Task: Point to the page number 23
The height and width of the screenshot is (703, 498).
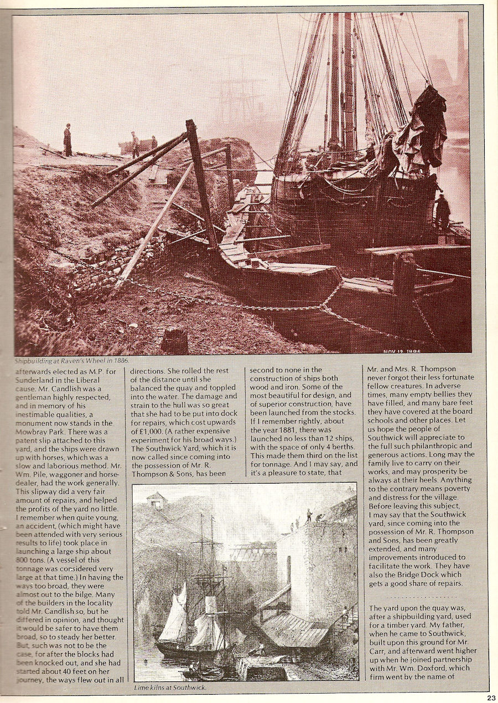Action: (x=491, y=697)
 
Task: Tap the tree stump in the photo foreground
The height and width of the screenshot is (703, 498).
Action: (x=175, y=340)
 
